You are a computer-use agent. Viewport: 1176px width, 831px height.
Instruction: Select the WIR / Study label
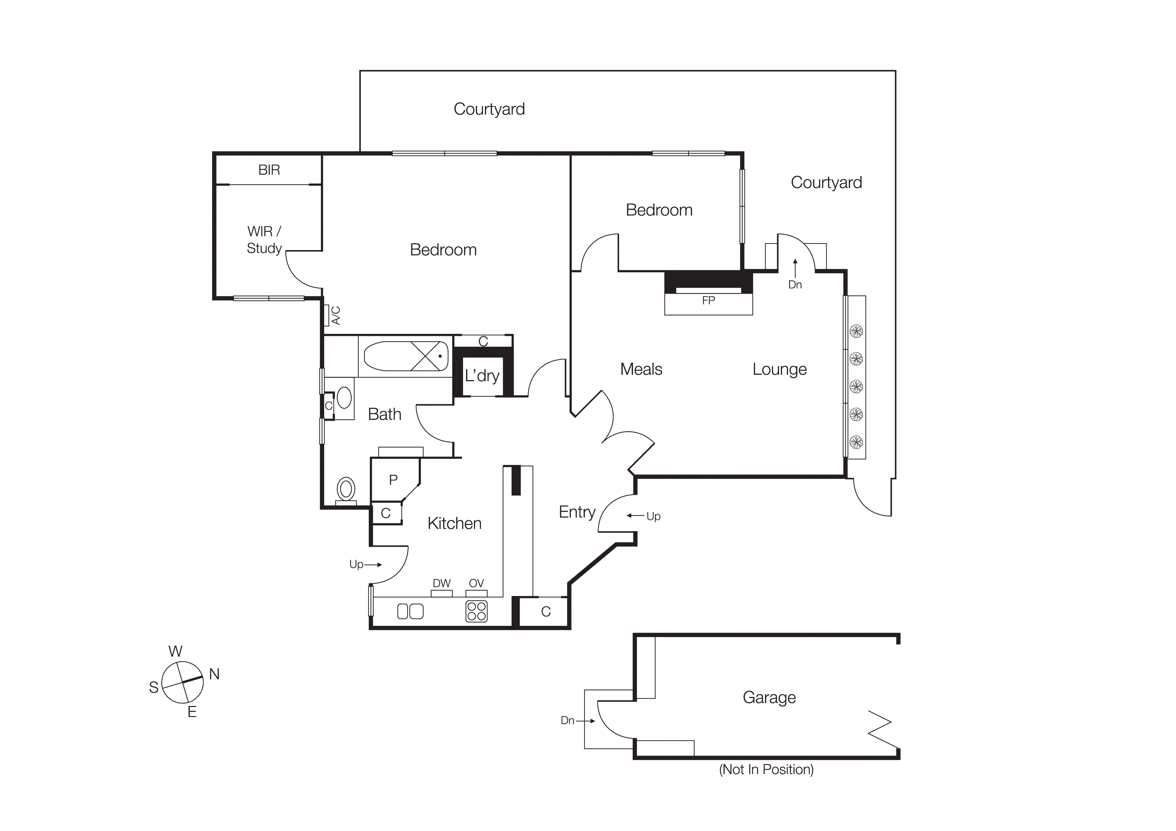click(264, 240)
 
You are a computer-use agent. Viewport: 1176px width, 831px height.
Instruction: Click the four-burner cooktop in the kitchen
click(476, 611)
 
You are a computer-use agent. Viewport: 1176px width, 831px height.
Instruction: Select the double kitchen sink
click(410, 611)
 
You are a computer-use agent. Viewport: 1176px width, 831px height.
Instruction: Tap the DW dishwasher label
click(442, 583)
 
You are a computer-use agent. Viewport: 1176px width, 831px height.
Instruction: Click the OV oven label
click(476, 583)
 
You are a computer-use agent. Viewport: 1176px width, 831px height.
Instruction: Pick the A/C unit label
click(336, 315)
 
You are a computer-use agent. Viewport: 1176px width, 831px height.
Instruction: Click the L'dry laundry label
click(482, 376)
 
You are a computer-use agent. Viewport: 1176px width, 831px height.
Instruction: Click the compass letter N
click(215, 674)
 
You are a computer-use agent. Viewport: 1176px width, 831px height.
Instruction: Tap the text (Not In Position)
click(766, 770)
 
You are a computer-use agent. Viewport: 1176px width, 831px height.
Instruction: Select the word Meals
click(641, 369)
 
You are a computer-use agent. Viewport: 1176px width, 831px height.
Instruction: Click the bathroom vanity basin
click(344, 398)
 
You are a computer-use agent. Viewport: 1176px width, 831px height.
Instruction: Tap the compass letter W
click(176, 651)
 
